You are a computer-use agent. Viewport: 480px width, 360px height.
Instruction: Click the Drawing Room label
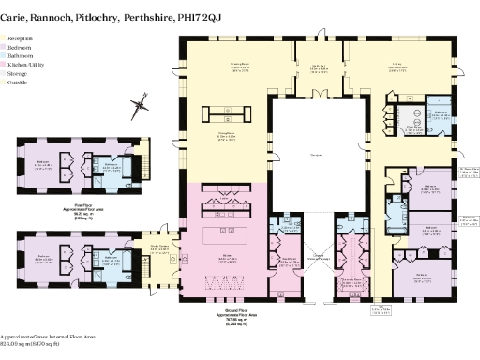click(x=222, y=67)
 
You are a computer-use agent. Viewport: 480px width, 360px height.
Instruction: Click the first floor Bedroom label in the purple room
click(x=43, y=162)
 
